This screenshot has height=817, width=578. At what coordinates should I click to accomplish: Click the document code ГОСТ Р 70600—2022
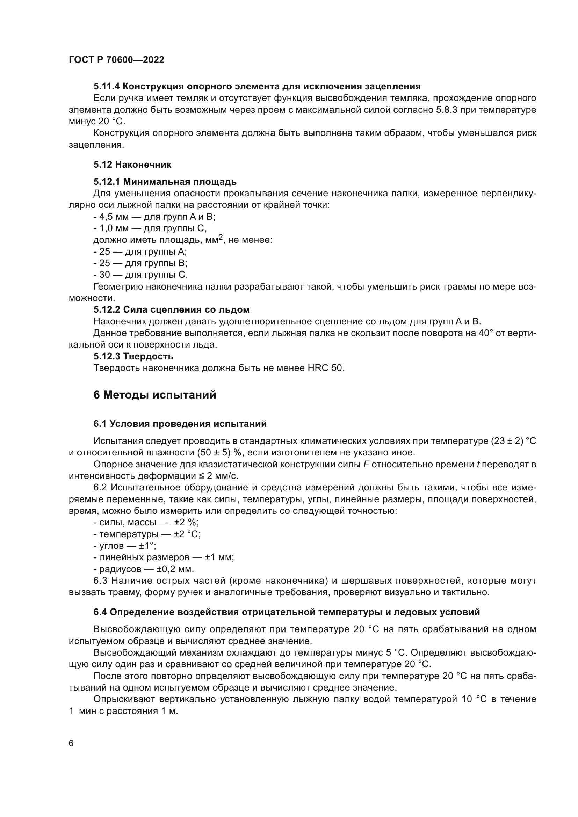[116, 60]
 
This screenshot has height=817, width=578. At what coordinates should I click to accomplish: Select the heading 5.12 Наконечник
[132, 165]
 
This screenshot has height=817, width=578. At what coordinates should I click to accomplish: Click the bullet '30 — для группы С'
[140, 275]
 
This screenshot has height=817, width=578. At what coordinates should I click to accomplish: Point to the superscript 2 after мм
[220, 236]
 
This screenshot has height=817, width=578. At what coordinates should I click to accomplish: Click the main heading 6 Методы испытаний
[155, 395]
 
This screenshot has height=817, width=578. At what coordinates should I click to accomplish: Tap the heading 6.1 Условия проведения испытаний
[180, 424]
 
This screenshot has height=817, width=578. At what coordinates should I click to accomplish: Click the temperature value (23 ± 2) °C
[513, 441]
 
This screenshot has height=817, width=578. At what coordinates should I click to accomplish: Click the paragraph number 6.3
[100, 581]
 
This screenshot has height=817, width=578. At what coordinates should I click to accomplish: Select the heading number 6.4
[100, 612]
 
